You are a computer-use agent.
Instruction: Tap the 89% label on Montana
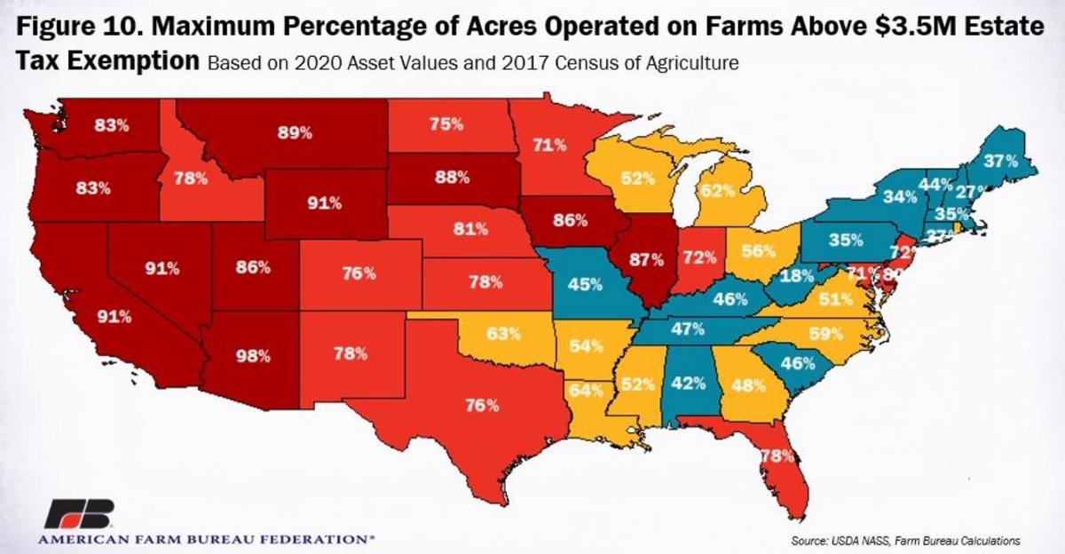coord(296,133)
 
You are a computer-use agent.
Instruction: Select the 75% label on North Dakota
coord(446,125)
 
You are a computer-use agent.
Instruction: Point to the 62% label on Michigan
coord(717,189)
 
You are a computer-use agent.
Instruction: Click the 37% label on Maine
coord(1000,162)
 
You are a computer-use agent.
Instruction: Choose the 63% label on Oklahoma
coord(502,336)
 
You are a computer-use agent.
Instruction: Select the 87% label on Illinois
coord(647,260)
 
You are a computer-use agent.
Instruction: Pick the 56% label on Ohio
coord(759,251)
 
